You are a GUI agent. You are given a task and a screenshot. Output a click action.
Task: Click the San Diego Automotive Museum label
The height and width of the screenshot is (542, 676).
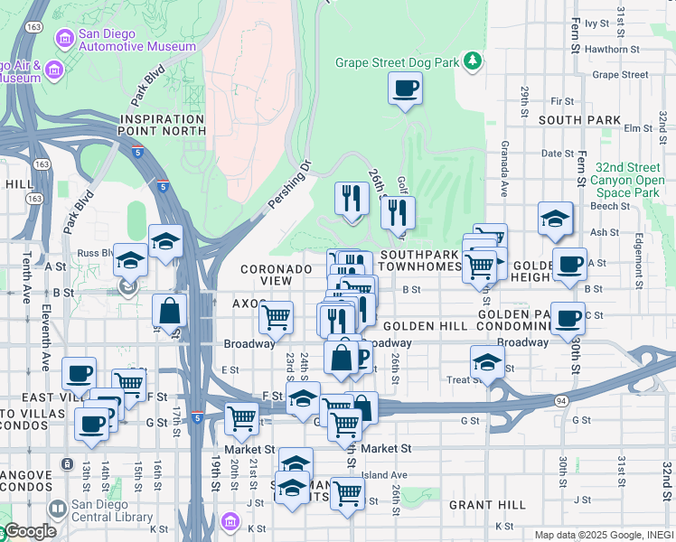pos(136,40)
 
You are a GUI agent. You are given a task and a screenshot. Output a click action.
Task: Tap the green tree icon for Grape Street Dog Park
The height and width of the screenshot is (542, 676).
pos(472,61)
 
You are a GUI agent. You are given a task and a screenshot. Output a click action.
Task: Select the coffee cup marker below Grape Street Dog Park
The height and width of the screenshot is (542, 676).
pos(404,89)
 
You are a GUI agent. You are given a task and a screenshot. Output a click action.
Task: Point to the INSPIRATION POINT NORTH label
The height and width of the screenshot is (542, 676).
pos(163,125)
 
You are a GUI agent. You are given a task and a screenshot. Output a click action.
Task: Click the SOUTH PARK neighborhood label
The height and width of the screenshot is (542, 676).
pos(579,119)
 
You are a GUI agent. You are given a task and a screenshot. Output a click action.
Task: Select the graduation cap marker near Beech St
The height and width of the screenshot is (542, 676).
pos(555,219)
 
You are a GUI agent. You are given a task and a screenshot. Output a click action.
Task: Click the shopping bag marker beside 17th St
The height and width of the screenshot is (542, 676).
pos(169,312)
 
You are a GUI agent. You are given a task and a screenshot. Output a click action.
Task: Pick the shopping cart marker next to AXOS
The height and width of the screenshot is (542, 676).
pos(276,317)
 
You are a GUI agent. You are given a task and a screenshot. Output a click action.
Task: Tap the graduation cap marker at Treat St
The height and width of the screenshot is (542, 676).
pos(488,361)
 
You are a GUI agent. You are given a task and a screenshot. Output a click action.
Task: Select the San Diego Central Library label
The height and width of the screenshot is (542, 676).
pos(111,510)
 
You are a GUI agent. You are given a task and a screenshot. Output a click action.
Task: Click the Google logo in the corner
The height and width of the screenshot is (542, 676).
pos(29,531)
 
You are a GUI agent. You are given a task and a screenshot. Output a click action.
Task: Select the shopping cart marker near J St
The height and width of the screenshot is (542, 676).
pos(346,494)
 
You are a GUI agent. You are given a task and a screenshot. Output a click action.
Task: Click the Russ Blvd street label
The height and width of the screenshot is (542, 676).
pos(93,253)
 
